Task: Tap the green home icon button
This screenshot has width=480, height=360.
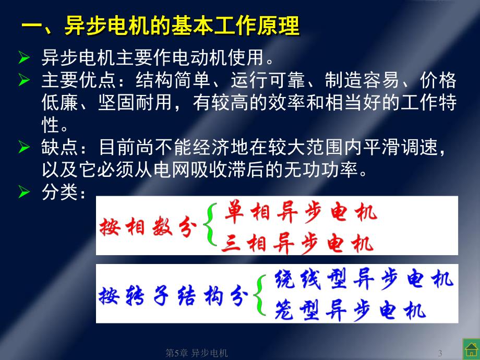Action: [x=470, y=349]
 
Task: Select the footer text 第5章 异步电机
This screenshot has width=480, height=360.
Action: [x=197, y=353]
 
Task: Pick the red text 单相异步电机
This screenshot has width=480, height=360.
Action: [x=301, y=213]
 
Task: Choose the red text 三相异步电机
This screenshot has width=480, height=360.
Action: [x=297, y=243]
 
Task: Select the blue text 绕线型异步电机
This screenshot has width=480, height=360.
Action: [x=364, y=280]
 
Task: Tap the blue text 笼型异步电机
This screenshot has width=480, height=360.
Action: [x=350, y=310]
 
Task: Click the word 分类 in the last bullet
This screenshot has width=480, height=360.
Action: [x=57, y=193]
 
